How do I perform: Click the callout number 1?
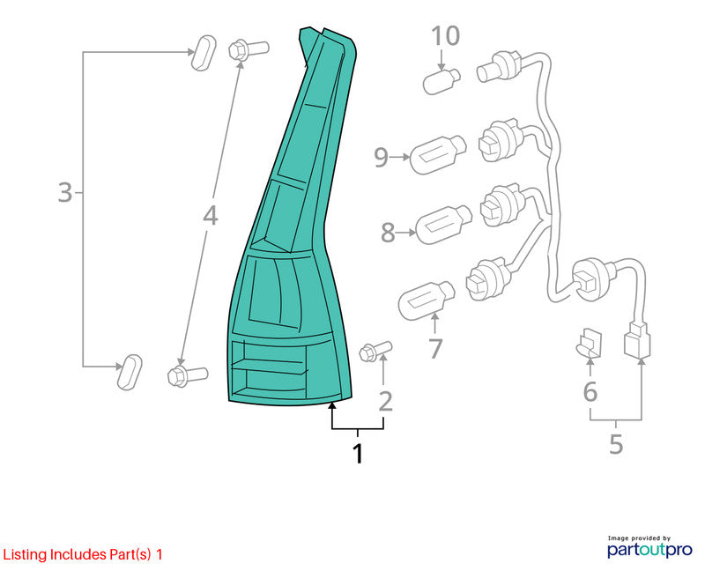point(358,454)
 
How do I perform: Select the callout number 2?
point(385,402)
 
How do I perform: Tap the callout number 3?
point(65,192)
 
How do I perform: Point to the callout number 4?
point(210,215)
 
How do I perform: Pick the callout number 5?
point(616,444)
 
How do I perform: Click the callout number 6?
point(590,391)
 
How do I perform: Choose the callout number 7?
point(435,348)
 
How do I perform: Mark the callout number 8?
point(388,233)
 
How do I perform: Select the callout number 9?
point(381,158)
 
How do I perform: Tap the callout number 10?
point(446,35)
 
